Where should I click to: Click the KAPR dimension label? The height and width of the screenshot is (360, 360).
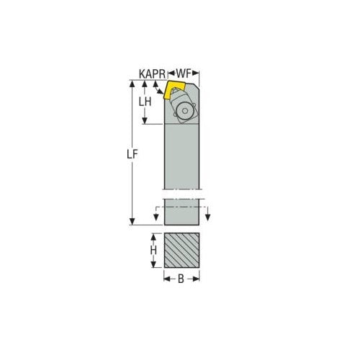pos(152,73)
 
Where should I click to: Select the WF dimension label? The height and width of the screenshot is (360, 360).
pos(184,73)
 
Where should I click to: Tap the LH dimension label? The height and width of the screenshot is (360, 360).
pos(145,102)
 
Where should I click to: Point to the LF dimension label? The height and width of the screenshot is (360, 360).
pos(132,154)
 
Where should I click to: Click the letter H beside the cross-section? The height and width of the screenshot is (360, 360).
pos(153,250)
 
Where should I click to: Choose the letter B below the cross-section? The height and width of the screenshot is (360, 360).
pos(181,279)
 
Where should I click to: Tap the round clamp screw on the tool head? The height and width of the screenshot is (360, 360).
pos(184,110)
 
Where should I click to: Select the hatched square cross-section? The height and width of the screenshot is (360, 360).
pos(181,250)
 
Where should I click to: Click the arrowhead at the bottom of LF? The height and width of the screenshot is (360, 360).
pos(132,221)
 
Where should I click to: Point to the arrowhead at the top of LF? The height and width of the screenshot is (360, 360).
pos(132,84)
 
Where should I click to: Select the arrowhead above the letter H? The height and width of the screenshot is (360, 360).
pos(153,237)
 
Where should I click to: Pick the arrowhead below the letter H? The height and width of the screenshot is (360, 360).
pos(153,264)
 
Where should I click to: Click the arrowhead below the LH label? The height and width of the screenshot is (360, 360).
pos(145,120)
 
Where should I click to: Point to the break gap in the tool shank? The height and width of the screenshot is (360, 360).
pos(181,194)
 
